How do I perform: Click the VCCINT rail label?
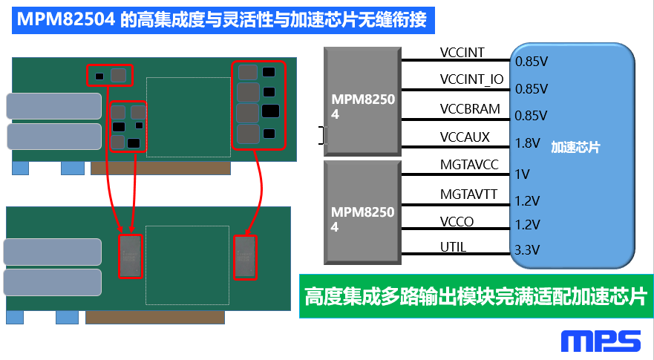click(462, 52)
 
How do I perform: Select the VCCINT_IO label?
click(471, 79)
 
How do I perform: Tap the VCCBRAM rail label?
click(470, 108)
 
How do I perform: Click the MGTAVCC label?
click(468, 165)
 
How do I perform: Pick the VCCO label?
click(457, 221)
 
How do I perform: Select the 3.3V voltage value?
click(527, 249)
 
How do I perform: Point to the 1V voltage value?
click(522, 174)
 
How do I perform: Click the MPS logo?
click(601, 341)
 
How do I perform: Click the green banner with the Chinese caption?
click(475, 297)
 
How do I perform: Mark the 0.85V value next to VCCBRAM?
click(531, 116)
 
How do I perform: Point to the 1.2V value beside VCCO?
click(527, 223)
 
